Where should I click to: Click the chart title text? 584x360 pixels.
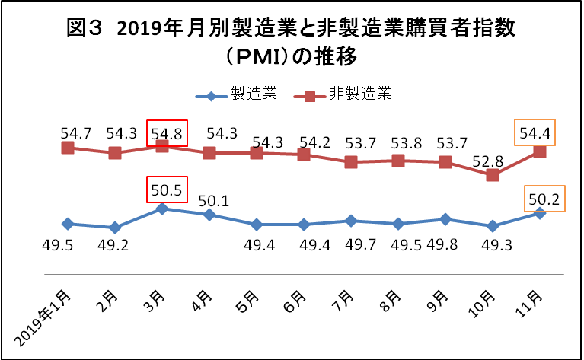tap(292, 42)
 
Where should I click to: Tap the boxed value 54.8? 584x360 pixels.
tap(162, 133)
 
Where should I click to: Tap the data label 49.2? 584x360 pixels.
tap(114, 247)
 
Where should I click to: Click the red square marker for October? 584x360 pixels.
tap(493, 175)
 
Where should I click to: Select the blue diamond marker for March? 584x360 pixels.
tap(162, 209)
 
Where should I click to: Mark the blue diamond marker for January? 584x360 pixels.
tap(68, 224)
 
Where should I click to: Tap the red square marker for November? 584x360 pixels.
tap(540, 151)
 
